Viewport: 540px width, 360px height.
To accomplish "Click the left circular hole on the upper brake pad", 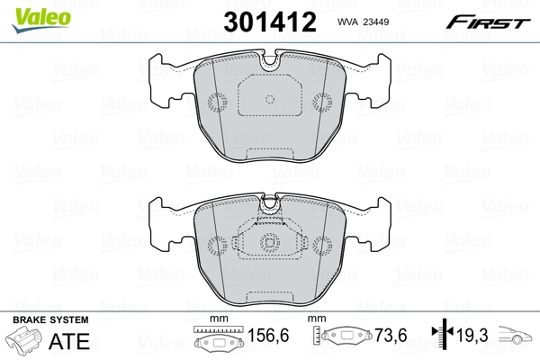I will pyautogui.click(x=216, y=102).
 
